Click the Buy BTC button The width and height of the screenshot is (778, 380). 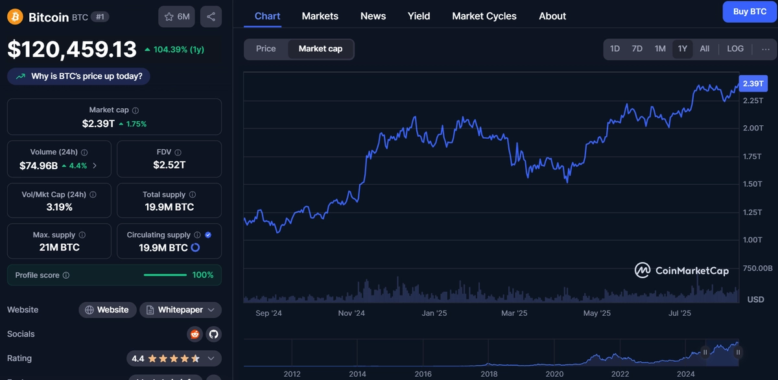pos(749,12)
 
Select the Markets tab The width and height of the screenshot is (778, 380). pos(320,16)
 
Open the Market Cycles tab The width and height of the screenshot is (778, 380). pos(484,16)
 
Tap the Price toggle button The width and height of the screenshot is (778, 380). pos(266,49)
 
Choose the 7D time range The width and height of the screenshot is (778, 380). pos(637,49)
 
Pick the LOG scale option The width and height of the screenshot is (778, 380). pos(735,49)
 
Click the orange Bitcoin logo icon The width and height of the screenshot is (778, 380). pos(16,17)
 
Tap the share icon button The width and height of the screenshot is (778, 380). pos(211,17)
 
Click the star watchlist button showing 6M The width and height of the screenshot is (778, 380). pos(177,17)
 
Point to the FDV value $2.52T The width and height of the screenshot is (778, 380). pos(169,165)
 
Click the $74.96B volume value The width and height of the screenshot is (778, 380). pos(38,166)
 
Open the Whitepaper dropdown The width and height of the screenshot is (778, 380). pos(180,310)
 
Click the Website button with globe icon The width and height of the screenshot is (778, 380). pos(108,310)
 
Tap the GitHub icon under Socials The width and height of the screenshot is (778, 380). pos(213,334)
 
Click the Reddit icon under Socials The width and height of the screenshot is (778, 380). pos(195,334)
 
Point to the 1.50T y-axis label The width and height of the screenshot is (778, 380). pos(753,184)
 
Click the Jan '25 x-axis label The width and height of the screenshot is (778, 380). pos(434,313)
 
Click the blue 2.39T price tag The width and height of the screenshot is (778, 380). pos(753,84)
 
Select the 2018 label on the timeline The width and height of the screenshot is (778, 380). pos(489,374)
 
